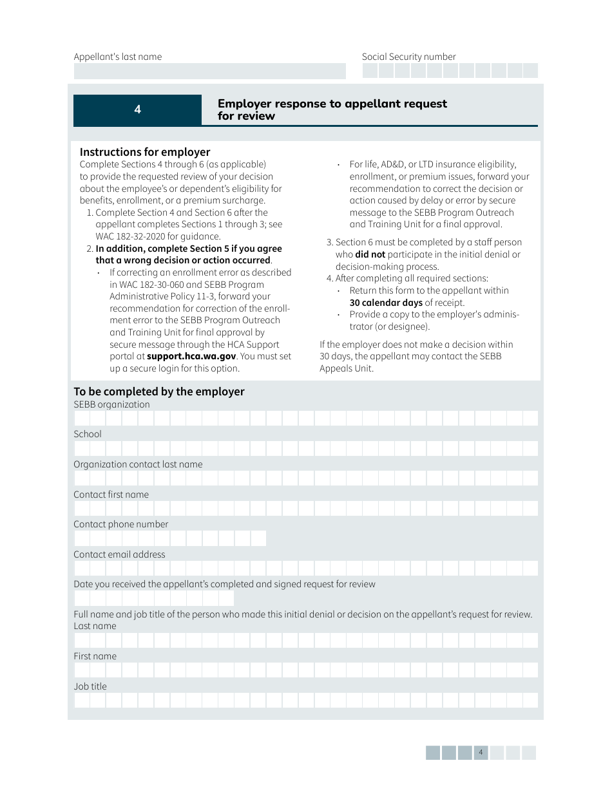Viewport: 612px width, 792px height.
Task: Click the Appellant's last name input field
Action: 209,71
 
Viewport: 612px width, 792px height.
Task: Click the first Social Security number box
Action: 370,71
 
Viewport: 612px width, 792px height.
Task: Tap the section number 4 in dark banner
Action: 137,110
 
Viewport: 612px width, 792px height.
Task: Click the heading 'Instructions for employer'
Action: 145,152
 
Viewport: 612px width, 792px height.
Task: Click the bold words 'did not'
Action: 370,254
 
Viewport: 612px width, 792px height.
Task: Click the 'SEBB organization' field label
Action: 111,404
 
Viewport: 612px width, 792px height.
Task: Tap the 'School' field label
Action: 88,434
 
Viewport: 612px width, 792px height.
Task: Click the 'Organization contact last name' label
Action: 138,464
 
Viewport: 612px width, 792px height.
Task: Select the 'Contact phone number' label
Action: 120,524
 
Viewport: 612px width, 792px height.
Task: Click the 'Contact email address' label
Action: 119,554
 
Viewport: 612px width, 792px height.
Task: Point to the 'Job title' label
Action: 90,686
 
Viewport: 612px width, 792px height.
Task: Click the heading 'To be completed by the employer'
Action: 159,391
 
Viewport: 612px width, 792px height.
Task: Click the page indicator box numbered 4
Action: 481,753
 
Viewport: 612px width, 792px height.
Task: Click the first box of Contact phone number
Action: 82,538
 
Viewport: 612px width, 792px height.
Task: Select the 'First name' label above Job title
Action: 95,656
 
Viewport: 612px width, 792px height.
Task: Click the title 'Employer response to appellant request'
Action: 332,104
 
